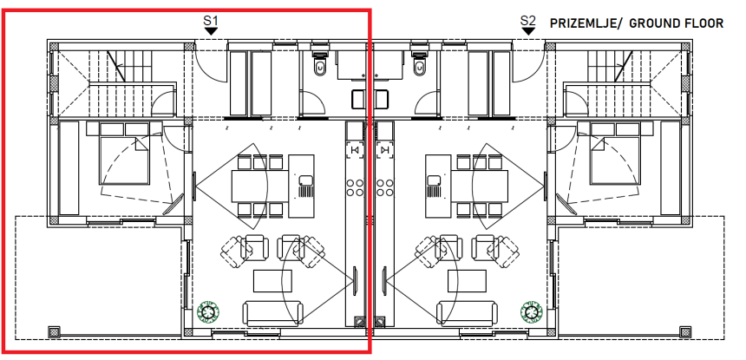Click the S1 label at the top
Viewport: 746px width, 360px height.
pyautogui.click(x=210, y=21)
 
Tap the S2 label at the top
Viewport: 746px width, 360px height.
pyautogui.click(x=527, y=21)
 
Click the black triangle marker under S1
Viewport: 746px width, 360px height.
pyautogui.click(x=211, y=31)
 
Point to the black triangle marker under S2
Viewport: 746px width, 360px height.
pyautogui.click(x=528, y=31)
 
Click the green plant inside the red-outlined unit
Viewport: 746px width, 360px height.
pyautogui.click(x=207, y=312)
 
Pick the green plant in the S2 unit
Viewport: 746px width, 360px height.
pyautogui.click(x=531, y=312)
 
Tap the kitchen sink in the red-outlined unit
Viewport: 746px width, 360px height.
pyautogui.click(x=305, y=180)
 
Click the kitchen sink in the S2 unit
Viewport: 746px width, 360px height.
pyautogui.click(x=434, y=180)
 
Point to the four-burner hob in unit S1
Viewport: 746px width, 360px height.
pyautogui.click(x=355, y=187)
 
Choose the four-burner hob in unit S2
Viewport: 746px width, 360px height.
pyautogui.click(x=384, y=187)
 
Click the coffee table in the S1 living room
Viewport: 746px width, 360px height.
pyautogui.click(x=272, y=280)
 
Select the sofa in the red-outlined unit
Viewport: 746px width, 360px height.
pyautogui.click(x=272, y=313)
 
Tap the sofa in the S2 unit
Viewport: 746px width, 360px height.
pyautogui.click(x=467, y=313)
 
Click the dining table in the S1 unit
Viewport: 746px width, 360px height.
pyautogui.click(x=260, y=186)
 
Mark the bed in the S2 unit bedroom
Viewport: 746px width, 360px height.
pyautogui.click(x=614, y=154)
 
